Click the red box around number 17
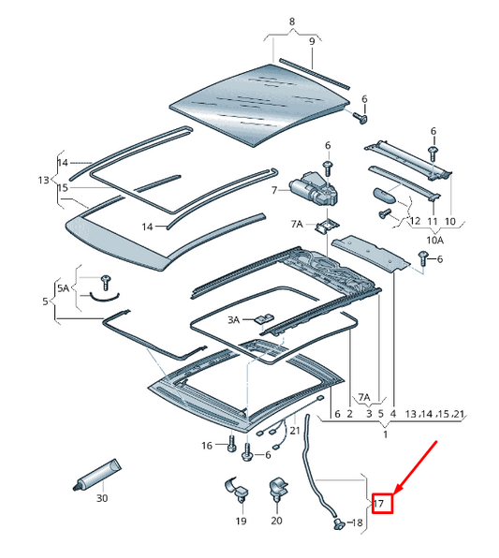pos(382,503)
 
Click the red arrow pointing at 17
pos(416,467)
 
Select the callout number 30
pos(102,498)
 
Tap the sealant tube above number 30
pos(96,475)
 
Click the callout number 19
pos(241,521)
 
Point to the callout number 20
pos(276,521)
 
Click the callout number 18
pos(357,522)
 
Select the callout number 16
pos(207,446)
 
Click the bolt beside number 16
pos(231,445)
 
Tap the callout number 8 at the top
pos(292,22)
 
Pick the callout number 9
pos(312,41)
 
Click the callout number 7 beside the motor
pos(274,191)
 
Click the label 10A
pos(435,241)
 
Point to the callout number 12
pos(415,221)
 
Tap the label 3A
pos(233,320)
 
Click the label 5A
pos(64,288)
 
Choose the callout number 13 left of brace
pos(43,180)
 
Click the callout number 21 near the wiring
pos(295,431)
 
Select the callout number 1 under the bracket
pos(385,434)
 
